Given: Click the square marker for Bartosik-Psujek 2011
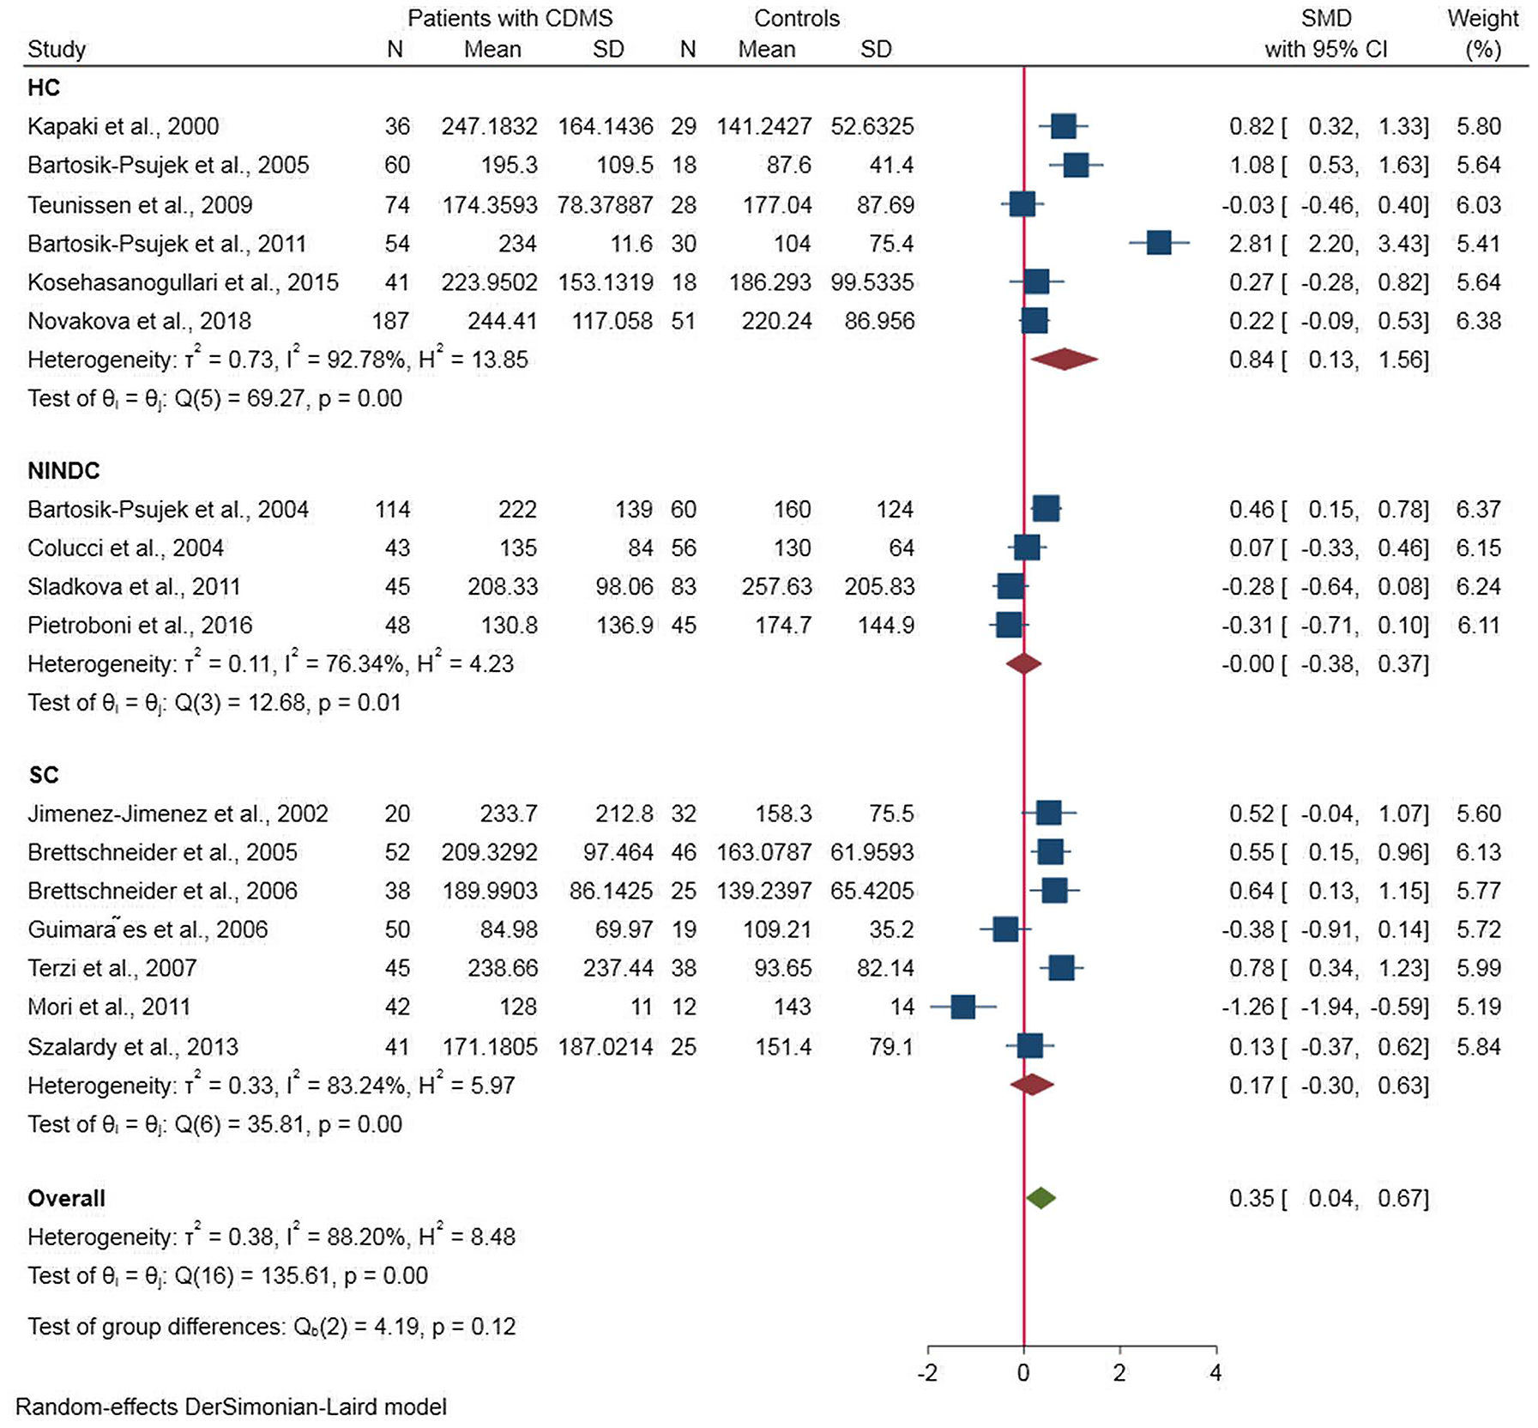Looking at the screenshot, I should (x=1158, y=243).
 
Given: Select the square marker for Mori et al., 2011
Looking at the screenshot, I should (x=962, y=1007).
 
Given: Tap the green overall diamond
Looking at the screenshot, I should (x=1040, y=1198).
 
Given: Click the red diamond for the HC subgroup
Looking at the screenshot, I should (x=1064, y=360).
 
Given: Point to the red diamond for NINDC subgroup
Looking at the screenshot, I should (x=1023, y=663).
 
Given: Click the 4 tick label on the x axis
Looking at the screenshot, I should (x=1215, y=1373).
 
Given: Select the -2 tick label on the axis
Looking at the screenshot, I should (x=927, y=1373).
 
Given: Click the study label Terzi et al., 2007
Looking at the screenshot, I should (x=112, y=968).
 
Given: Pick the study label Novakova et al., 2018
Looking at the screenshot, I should (x=139, y=321).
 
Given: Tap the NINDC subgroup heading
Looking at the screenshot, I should (x=63, y=470).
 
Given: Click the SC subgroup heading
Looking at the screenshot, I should (x=43, y=775).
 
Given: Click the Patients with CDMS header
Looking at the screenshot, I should (x=510, y=18).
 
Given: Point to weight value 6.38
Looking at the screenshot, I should (x=1479, y=321).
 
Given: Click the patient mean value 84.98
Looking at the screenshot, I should (x=510, y=929).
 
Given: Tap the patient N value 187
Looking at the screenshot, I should (x=390, y=321).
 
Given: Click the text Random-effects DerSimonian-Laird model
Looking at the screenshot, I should (x=231, y=1407).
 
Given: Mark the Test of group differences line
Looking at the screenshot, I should (x=271, y=1327).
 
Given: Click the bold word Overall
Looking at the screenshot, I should (x=66, y=1198).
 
